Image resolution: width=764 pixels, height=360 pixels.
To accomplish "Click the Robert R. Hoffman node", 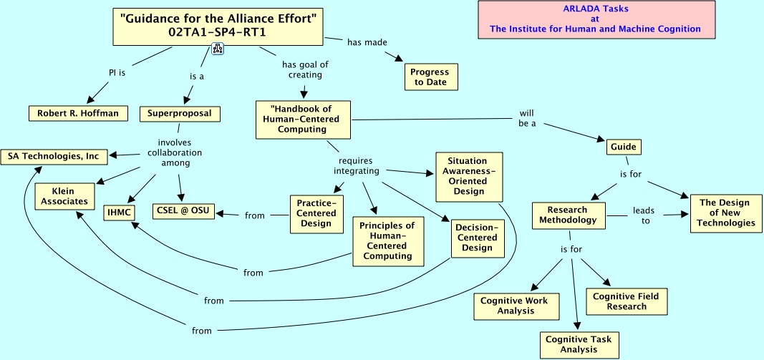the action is tap(79, 114).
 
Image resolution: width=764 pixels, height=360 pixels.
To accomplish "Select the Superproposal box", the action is tap(180, 114).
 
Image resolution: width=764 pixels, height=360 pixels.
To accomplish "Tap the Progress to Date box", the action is tap(431, 77).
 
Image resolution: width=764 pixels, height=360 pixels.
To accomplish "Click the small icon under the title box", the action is tap(217, 49).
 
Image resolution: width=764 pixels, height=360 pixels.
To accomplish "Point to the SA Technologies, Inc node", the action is tap(54, 156).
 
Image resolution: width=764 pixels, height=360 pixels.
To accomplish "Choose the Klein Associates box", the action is tap(64, 196).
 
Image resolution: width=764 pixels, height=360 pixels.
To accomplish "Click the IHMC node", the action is tap(119, 213).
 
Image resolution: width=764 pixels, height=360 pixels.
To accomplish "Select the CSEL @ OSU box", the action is tap(183, 211).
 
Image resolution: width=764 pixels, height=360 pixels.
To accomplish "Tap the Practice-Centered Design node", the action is tap(316, 213).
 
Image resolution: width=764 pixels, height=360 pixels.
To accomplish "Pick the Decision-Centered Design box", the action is tap(477, 238).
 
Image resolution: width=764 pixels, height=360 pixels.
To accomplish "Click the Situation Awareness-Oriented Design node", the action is tap(469, 176).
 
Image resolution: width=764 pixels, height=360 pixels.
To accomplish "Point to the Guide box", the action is tap(623, 147).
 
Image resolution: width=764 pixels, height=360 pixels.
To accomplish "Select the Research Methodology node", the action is tap(568, 215).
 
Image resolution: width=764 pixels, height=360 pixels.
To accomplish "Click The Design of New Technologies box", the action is tap(726, 213).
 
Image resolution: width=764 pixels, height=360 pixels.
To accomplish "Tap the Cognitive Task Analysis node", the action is tap(579, 345).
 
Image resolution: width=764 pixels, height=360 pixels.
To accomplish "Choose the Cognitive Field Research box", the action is tap(626, 301).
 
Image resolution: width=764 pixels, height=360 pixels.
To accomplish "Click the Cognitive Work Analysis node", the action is tap(516, 306).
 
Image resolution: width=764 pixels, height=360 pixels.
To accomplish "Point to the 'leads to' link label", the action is tap(643, 215).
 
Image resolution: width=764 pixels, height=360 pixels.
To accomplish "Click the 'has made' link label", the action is tap(367, 42).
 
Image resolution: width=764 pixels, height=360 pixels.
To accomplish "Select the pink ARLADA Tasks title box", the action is tap(596, 19).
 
